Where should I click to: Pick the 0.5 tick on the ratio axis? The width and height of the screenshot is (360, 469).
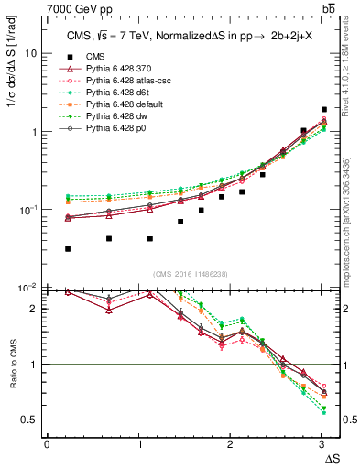coord(32,420)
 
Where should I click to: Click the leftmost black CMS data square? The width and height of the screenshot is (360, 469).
coord(69,248)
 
